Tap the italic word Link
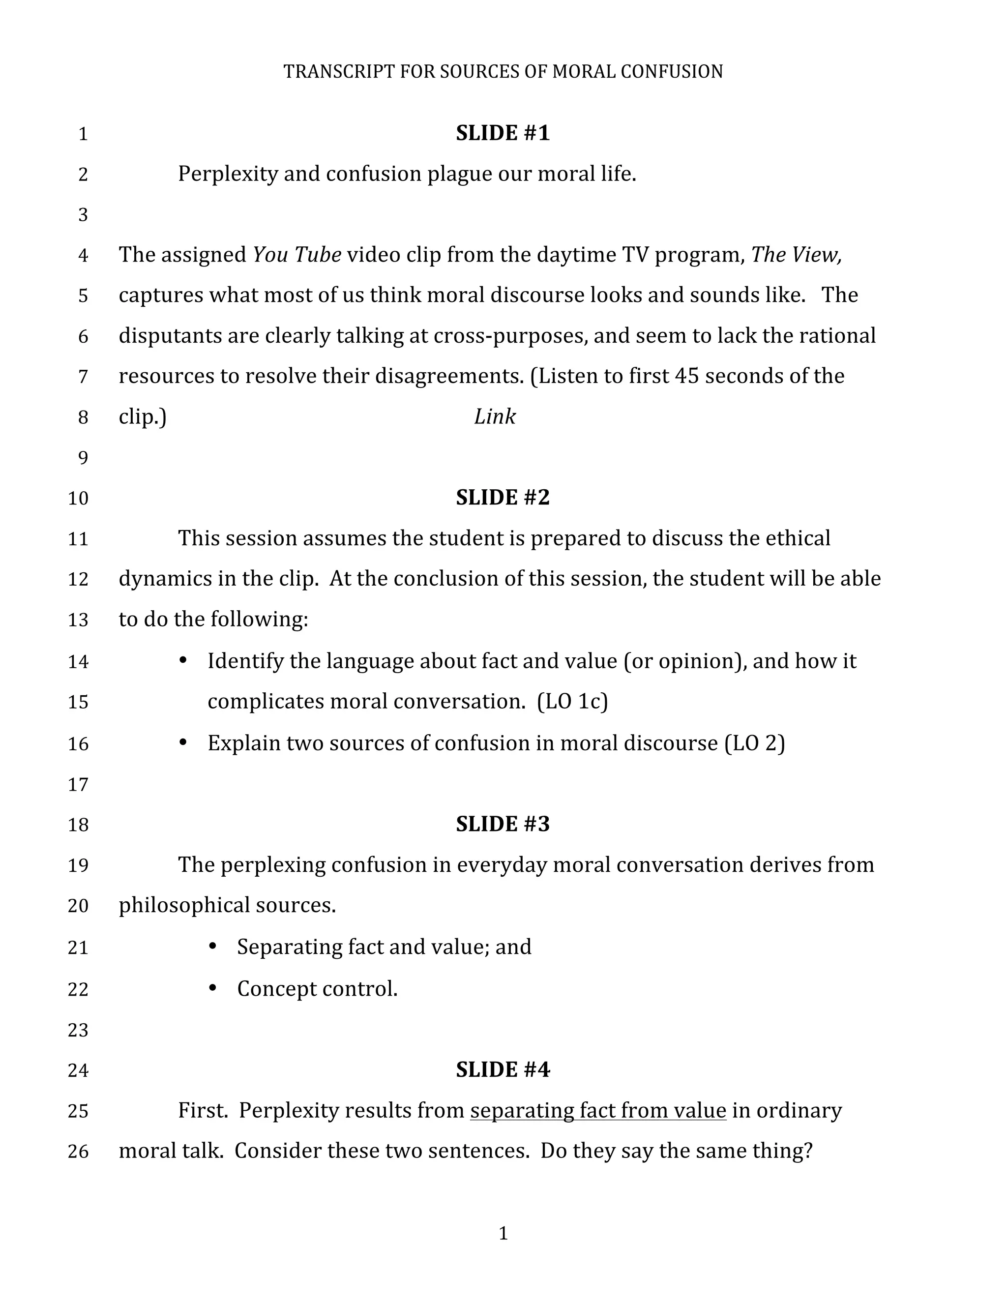click(495, 416)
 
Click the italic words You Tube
click(296, 255)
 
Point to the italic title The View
click(795, 255)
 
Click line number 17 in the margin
click(78, 784)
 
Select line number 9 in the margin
click(83, 458)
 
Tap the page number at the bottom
click(503, 1233)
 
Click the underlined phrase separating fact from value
click(598, 1110)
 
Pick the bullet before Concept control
click(212, 988)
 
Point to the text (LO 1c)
click(572, 702)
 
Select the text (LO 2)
click(755, 743)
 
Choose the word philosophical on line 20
click(184, 906)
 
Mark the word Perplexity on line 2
click(228, 174)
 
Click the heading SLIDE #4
click(503, 1069)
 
